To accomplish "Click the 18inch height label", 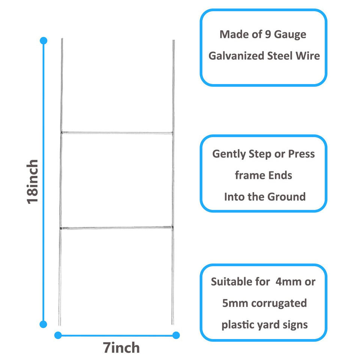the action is coord(33,182).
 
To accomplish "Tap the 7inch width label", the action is coord(121,348).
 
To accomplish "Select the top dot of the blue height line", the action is coord(43,40).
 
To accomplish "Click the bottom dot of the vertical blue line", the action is coord(43,324).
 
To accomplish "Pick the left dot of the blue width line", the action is coord(58,335).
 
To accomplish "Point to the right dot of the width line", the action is coord(176,335).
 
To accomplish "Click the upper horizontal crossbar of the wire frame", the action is coord(117,132).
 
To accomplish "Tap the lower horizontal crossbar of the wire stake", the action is coord(117,227).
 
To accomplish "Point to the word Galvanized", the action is coord(236,56).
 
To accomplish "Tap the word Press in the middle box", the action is coord(301,154).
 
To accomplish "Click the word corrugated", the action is coord(279,303).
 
